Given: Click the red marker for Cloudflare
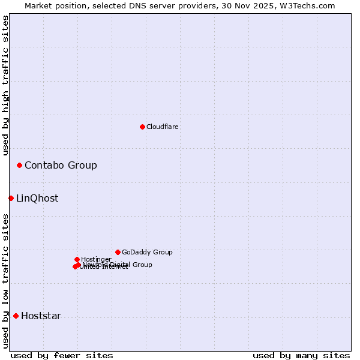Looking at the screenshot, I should (x=142, y=127).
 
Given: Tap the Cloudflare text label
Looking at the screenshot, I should (x=163, y=127).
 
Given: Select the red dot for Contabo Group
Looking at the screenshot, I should (x=19, y=165).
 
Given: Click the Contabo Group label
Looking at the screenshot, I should (x=61, y=165).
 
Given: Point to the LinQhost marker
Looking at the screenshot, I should (x=11, y=198).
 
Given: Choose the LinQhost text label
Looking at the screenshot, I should (x=37, y=198).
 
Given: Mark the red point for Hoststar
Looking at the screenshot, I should (x=16, y=316).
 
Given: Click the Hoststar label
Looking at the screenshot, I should (x=41, y=316).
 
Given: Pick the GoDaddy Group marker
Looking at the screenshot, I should (x=118, y=252).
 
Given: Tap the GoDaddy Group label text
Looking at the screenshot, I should (x=147, y=252).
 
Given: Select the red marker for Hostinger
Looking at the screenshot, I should (x=77, y=259).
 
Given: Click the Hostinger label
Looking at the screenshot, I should (x=96, y=259).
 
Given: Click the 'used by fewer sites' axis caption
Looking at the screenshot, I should (x=62, y=355).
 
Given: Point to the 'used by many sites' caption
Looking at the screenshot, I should (x=301, y=355).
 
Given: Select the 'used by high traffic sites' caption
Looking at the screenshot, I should (x=5, y=85).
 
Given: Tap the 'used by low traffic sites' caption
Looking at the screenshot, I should (x=5, y=281).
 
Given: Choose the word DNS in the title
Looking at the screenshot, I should (x=128, y=5).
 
